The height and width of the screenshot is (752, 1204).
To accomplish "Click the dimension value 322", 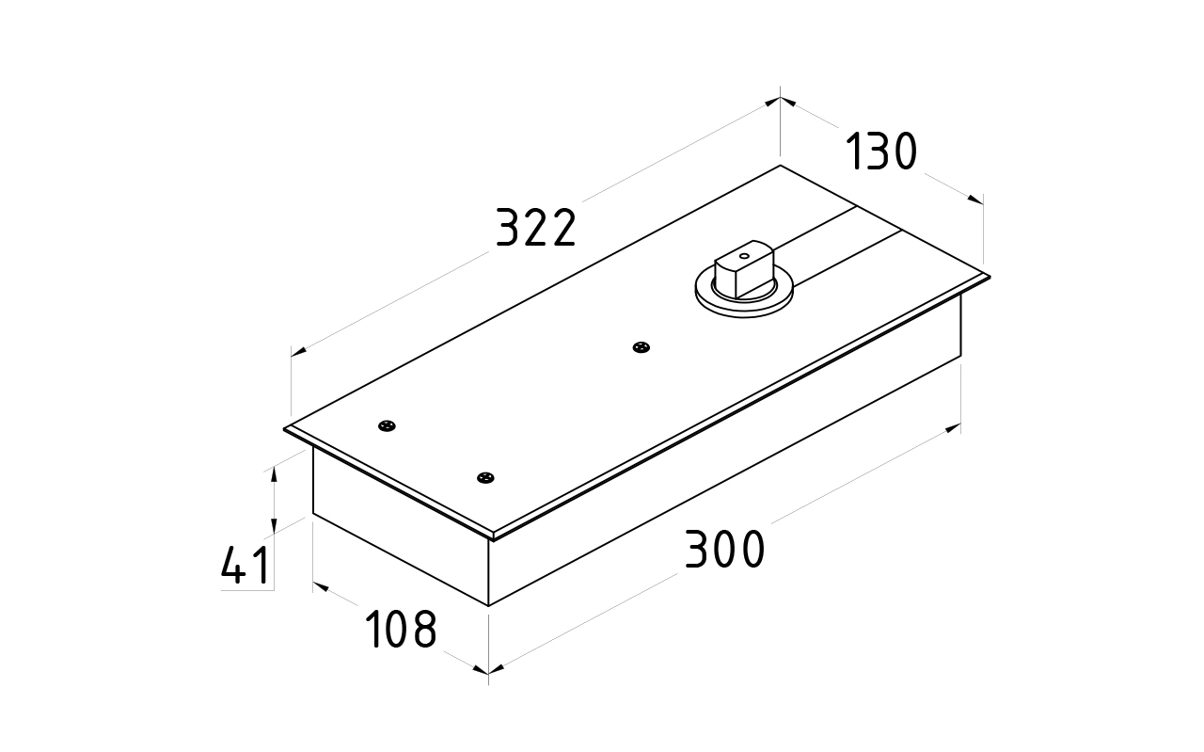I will click(x=535, y=229).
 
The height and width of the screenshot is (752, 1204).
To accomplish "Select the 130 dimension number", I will click(x=881, y=152).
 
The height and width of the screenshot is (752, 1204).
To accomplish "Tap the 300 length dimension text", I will click(x=724, y=551).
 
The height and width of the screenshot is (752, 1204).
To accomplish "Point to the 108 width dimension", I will click(x=401, y=630).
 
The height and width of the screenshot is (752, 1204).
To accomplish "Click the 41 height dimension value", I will click(x=246, y=567).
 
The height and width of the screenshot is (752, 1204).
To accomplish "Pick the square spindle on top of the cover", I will click(x=743, y=272).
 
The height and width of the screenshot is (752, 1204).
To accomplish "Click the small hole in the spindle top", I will click(x=743, y=254).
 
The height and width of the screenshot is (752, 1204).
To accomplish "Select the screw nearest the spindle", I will click(x=642, y=347).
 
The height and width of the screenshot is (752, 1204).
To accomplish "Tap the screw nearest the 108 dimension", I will click(x=485, y=478).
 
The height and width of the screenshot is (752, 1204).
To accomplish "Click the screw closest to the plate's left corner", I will click(x=387, y=426).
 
